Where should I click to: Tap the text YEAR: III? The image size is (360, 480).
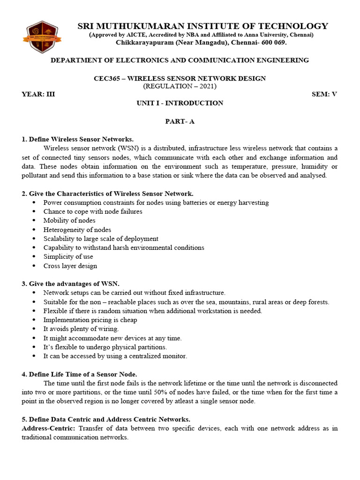pyautogui.click(x=38, y=94)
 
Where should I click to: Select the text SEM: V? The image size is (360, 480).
pyautogui.click(x=324, y=94)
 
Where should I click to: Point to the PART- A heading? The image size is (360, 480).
pyautogui.click(x=180, y=121)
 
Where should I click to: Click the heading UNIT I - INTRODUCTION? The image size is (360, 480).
pyautogui.click(x=180, y=103)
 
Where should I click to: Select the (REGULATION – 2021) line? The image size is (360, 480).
pyautogui.click(x=180, y=86)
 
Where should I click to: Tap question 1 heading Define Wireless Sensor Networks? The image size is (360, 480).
pyautogui.click(x=78, y=139)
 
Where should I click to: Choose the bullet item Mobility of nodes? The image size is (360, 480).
pyautogui.click(x=69, y=220)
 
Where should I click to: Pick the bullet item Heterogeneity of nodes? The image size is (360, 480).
pyautogui.click(x=77, y=230)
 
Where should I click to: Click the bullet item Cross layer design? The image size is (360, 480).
pyautogui.click(x=70, y=266)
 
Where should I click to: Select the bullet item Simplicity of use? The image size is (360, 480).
pyautogui.click(x=68, y=256)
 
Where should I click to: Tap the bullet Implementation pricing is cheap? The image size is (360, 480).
pyautogui.click(x=90, y=320)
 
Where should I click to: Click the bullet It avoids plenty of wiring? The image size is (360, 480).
pyautogui.click(x=81, y=329)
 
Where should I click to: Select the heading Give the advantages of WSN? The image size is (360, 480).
pyautogui.click(x=71, y=284)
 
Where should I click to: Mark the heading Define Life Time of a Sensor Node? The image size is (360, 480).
pyautogui.click(x=79, y=374)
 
